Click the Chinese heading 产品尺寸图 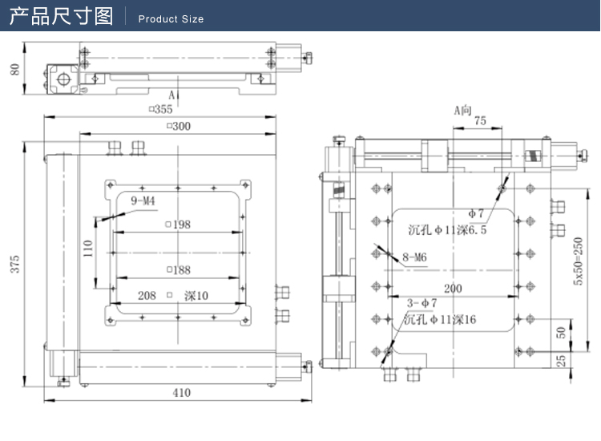click(61, 17)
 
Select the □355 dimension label click(160, 109)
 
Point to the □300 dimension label click(178, 127)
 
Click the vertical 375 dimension click(14, 265)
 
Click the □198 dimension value click(177, 225)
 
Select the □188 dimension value click(177, 270)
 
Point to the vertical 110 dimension click(88, 249)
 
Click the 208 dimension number click(147, 296)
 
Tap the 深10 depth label click(195, 296)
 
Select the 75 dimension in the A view click(480, 121)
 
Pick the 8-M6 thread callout click(415, 257)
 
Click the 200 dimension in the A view click(453, 288)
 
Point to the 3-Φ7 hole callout click(422, 303)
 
